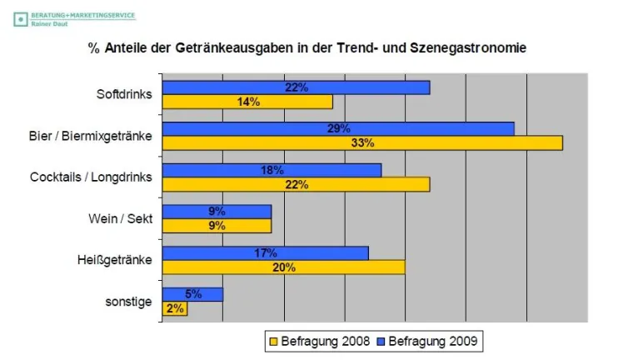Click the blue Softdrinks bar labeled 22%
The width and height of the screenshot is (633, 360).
click(x=296, y=87)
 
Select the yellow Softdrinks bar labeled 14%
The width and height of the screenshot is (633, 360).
click(x=247, y=102)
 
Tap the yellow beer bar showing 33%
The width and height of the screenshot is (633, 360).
click(x=362, y=143)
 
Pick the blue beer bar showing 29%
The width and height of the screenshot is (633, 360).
click(x=338, y=129)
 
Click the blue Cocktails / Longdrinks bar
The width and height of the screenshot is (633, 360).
click(x=272, y=170)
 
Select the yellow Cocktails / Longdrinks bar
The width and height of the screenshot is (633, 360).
click(x=296, y=184)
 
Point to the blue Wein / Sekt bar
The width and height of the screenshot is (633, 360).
click(x=217, y=212)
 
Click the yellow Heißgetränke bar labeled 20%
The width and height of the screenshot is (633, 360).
click(x=283, y=267)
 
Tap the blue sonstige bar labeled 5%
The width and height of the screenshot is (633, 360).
click(x=192, y=294)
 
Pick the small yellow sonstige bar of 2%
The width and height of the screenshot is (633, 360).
click(x=174, y=308)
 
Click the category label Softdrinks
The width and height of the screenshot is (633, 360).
click(x=124, y=94)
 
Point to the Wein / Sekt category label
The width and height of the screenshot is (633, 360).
click(x=120, y=218)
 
